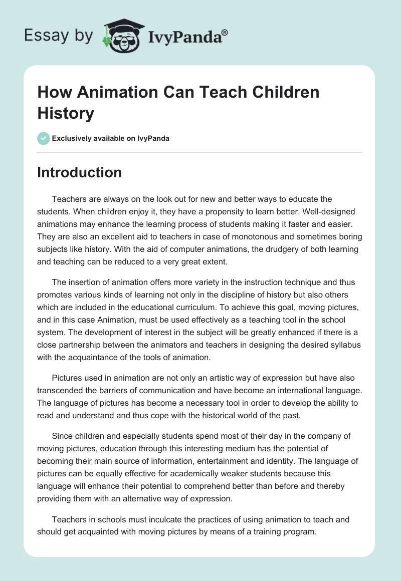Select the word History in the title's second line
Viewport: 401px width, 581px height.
click(x=66, y=113)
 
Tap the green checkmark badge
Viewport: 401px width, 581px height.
click(x=44, y=138)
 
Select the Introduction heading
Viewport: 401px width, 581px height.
click(x=79, y=172)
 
